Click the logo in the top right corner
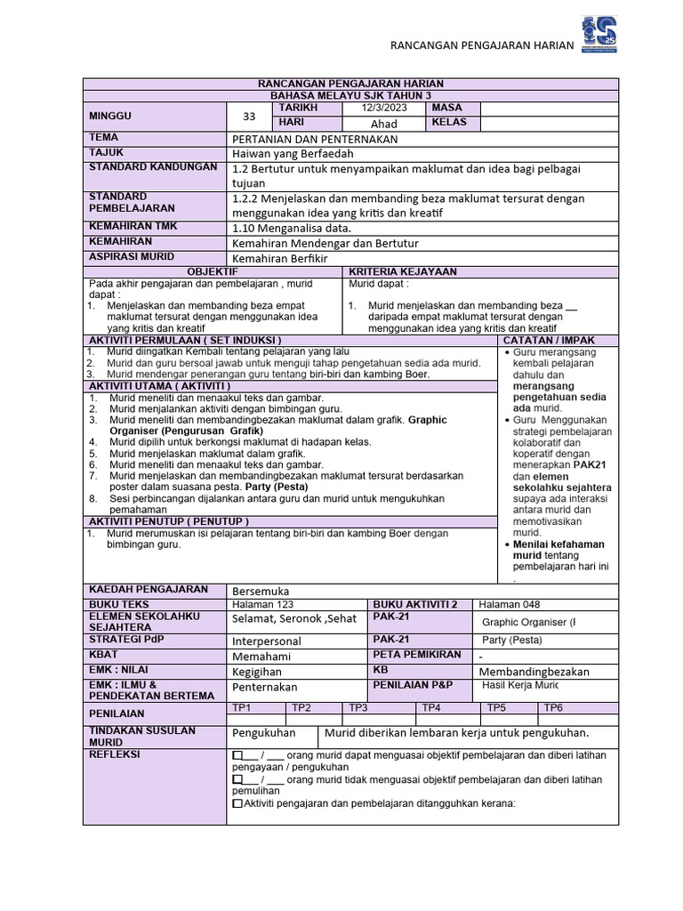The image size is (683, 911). (599, 35)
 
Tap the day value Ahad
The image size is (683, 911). (383, 124)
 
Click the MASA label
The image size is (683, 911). (446, 108)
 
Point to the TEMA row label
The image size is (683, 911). (103, 138)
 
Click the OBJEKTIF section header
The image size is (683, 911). (211, 271)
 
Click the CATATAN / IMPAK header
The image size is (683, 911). (549, 340)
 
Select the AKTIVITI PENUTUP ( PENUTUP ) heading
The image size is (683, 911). (168, 520)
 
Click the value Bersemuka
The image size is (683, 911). (261, 591)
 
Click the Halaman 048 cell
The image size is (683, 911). (509, 605)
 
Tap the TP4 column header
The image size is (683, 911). (431, 707)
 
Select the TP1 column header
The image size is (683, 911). (241, 707)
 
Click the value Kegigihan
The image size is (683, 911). (257, 672)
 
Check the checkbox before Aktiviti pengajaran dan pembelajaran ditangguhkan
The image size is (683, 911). (237, 803)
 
